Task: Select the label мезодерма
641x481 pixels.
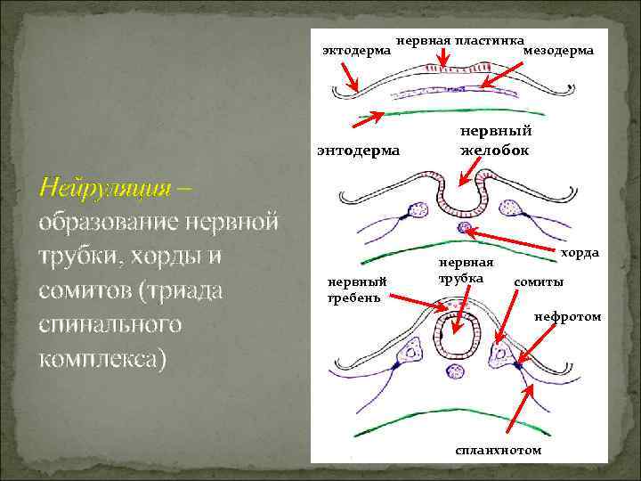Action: tap(558, 52)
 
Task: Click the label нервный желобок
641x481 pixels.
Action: tap(494, 141)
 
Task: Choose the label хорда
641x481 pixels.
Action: tap(580, 254)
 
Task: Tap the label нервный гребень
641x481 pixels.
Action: tap(353, 289)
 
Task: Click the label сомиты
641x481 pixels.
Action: tap(538, 282)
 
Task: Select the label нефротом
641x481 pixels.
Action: tap(567, 316)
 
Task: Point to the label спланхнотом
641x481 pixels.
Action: tap(497, 450)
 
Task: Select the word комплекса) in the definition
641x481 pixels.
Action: tap(102, 358)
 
